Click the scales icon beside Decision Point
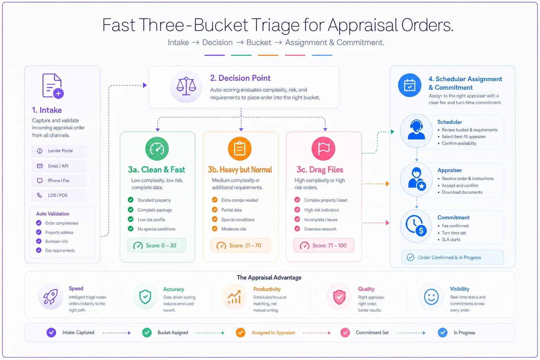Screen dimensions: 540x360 (186, 86)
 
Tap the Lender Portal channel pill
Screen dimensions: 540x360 (59, 151)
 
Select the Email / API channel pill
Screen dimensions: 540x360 (59, 166)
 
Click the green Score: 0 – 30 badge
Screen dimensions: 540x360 (157, 245)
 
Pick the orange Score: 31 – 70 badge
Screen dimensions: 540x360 (240, 245)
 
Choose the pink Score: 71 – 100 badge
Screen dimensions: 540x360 (323, 245)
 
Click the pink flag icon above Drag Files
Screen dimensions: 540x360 (323, 148)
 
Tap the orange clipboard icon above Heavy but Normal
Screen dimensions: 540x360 (240, 148)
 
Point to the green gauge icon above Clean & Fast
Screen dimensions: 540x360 (157, 148)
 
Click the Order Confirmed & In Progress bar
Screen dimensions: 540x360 (452, 257)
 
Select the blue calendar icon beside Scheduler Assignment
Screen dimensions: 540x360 (409, 85)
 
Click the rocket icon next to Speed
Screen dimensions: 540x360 (51, 296)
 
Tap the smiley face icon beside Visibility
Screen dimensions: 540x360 (431, 297)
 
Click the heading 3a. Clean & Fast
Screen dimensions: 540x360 (156, 169)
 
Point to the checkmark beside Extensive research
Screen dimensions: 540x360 (297, 229)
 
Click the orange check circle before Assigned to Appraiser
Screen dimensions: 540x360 (240, 332)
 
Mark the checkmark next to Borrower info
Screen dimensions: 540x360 (39, 241)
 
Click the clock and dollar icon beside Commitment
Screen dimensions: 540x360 (416, 226)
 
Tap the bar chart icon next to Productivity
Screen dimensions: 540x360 (234, 297)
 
